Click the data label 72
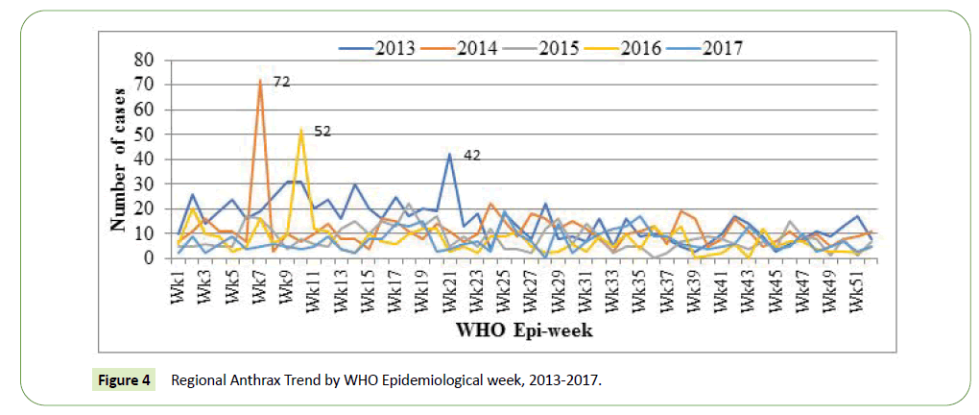(x=282, y=82)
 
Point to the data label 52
(x=322, y=131)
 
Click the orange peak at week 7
(x=261, y=81)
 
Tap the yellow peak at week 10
(x=301, y=130)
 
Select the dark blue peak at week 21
(x=449, y=154)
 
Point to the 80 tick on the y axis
(x=142, y=60)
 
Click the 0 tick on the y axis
(x=148, y=258)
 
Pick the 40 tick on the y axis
(x=142, y=159)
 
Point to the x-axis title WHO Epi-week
(x=522, y=331)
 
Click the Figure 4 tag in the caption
(x=123, y=380)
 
